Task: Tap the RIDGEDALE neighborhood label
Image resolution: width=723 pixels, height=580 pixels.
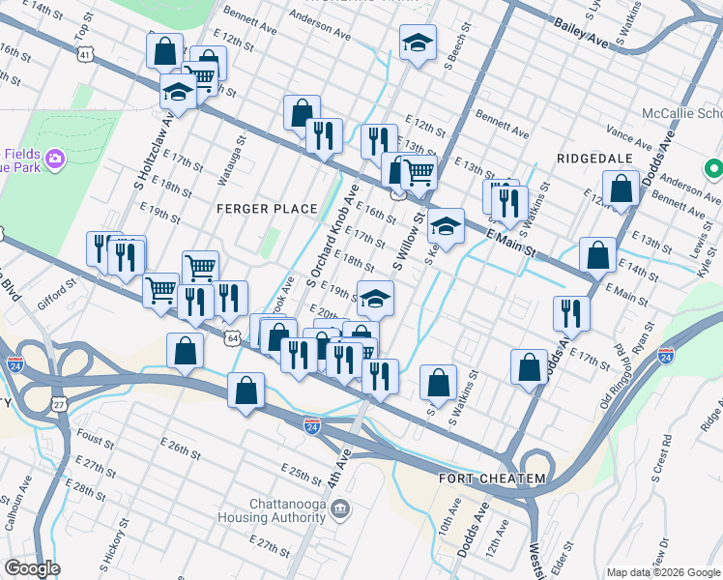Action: [x=593, y=158]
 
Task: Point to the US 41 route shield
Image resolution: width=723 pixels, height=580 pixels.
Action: [x=86, y=57]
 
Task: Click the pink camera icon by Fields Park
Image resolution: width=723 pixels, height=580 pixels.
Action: [x=55, y=158]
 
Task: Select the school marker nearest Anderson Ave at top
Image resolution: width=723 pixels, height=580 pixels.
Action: [x=418, y=43]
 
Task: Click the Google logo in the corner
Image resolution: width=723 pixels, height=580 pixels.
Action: [x=32, y=568]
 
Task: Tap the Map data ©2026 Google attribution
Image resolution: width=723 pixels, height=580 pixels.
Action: [x=662, y=572]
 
